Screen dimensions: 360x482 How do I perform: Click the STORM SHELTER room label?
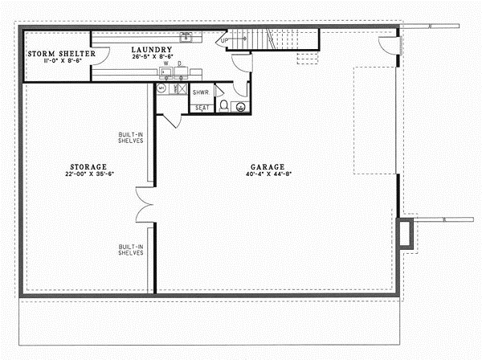61,54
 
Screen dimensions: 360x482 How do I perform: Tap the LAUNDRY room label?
152,49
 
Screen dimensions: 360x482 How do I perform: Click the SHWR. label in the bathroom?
202,92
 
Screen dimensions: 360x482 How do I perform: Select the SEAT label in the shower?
202,107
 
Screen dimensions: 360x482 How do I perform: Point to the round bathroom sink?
240,105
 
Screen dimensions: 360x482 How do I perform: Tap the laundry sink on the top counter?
186,36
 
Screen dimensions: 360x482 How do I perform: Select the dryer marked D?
180,71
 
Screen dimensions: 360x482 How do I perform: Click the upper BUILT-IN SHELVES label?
130,137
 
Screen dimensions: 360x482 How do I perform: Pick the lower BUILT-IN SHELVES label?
130,250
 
